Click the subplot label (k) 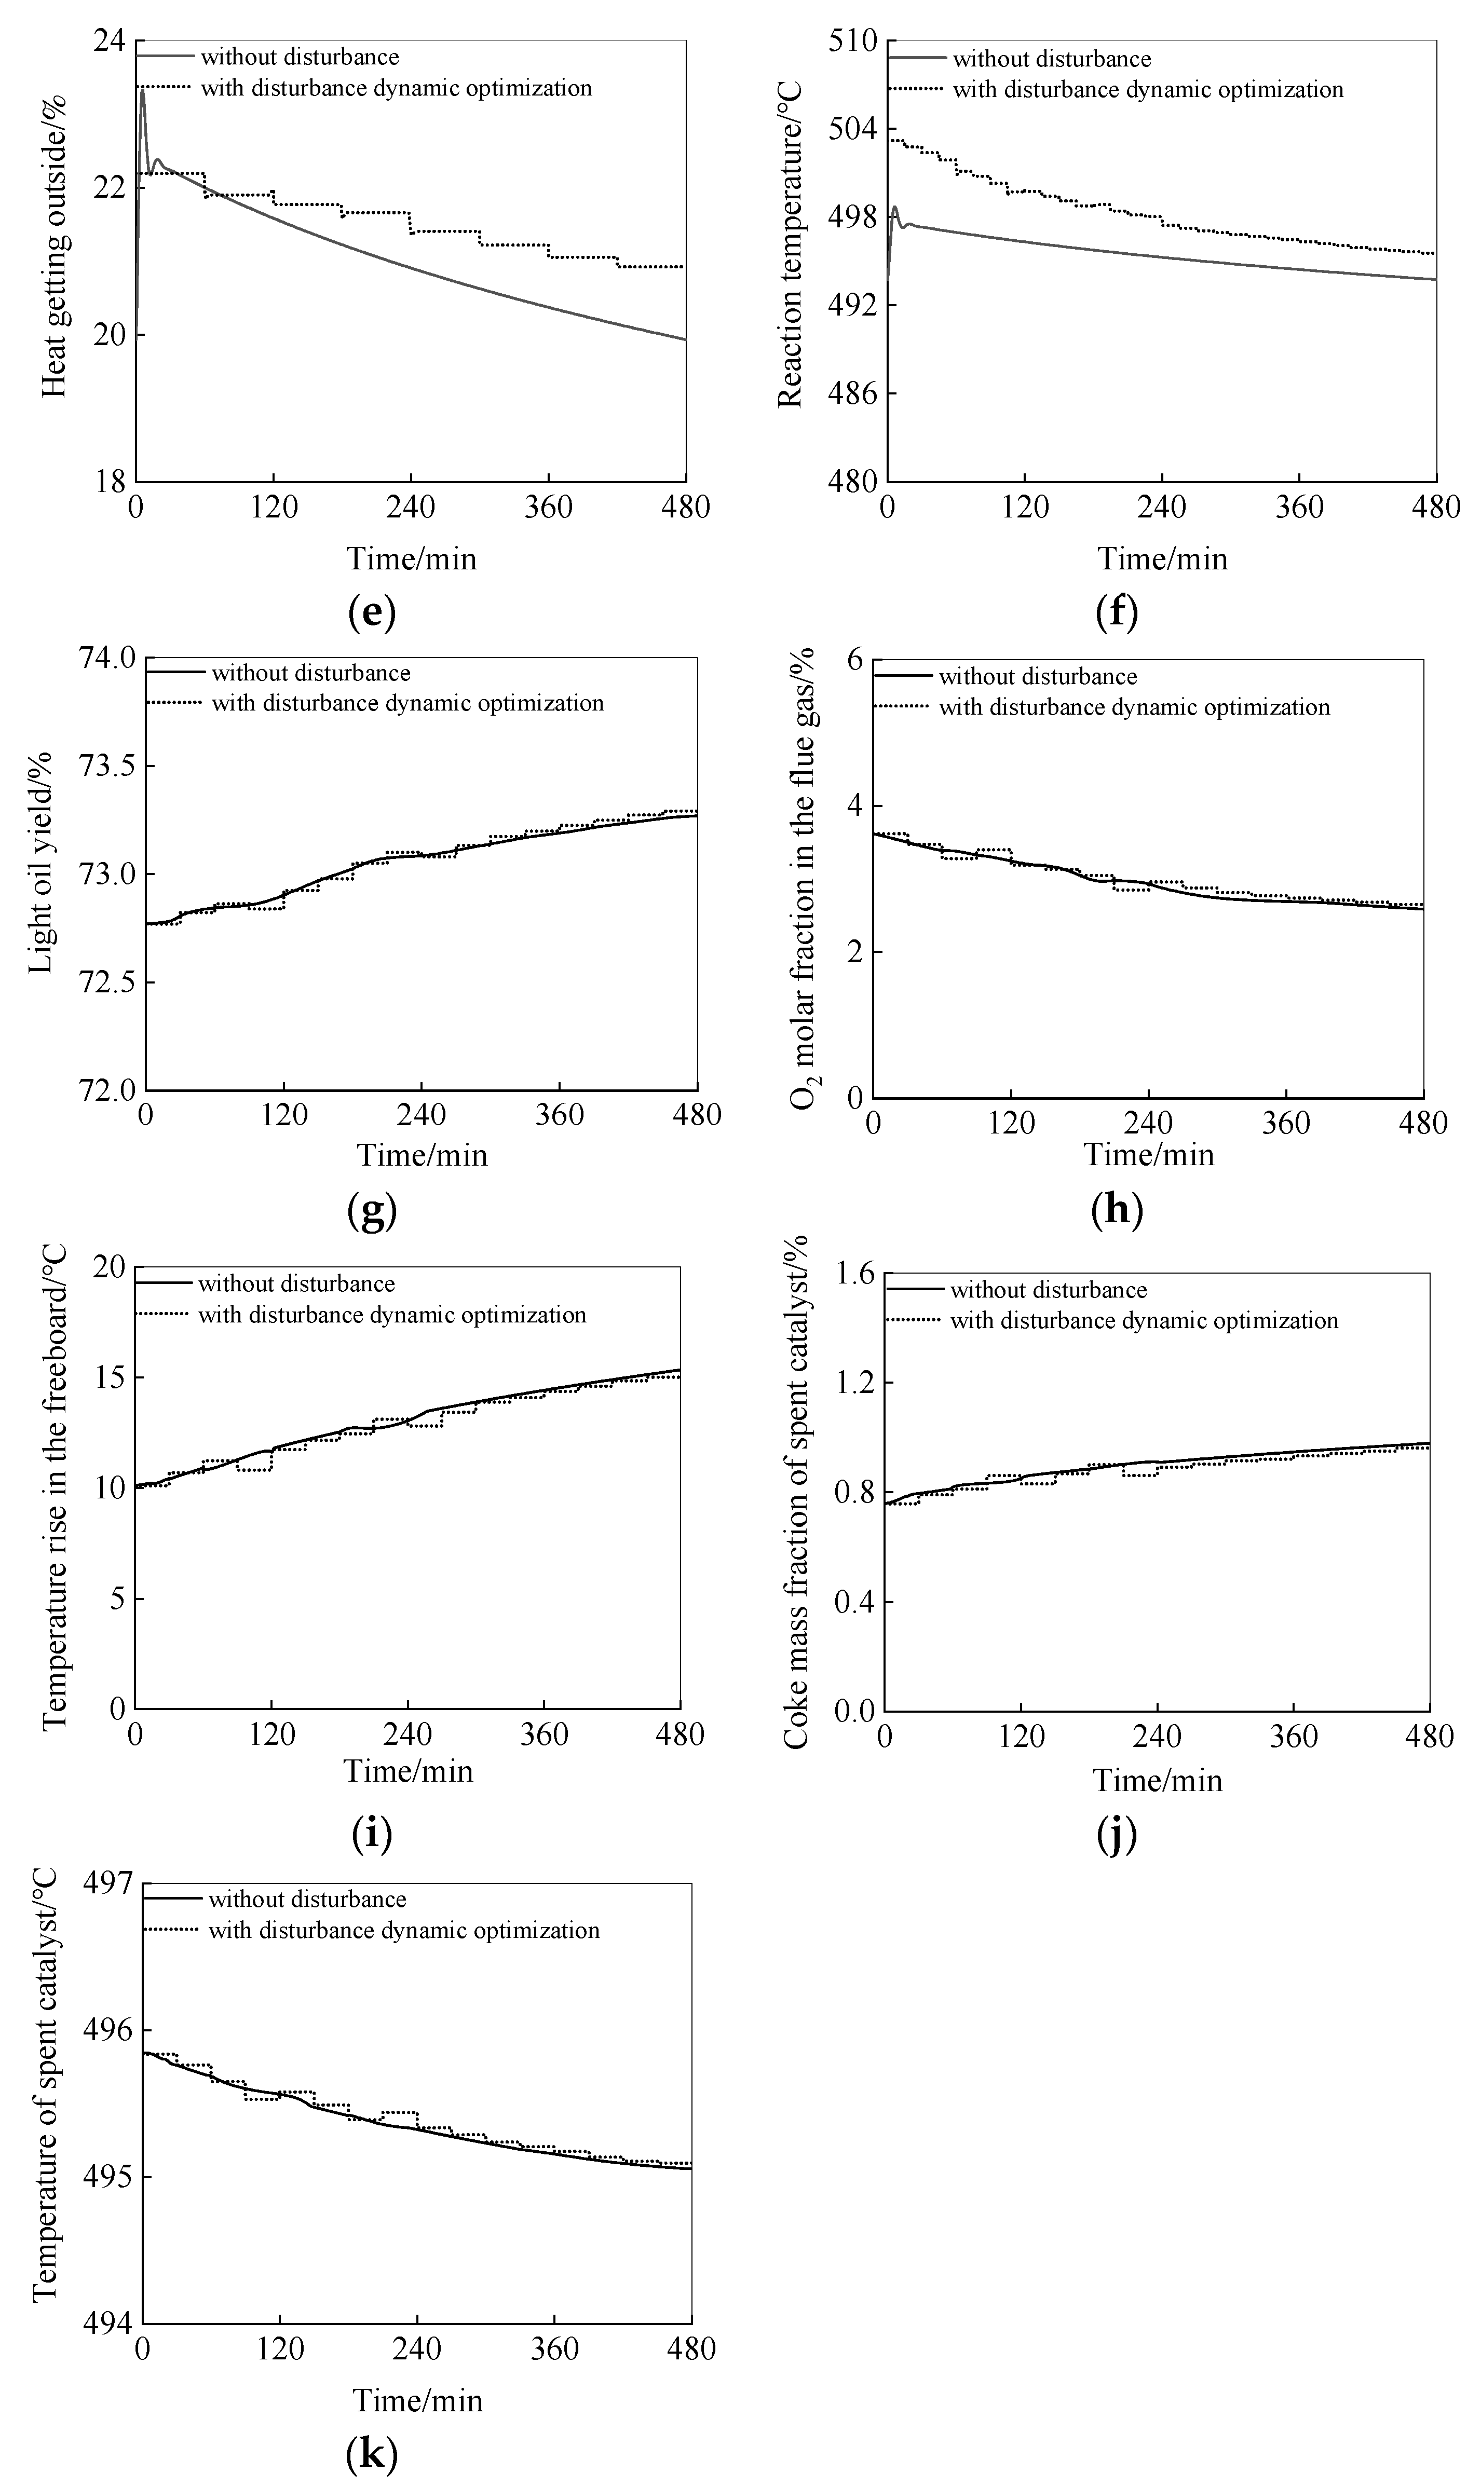(371, 2457)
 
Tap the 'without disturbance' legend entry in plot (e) (300, 57)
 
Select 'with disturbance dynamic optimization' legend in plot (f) (1148, 90)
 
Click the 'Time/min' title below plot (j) (1158, 1780)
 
